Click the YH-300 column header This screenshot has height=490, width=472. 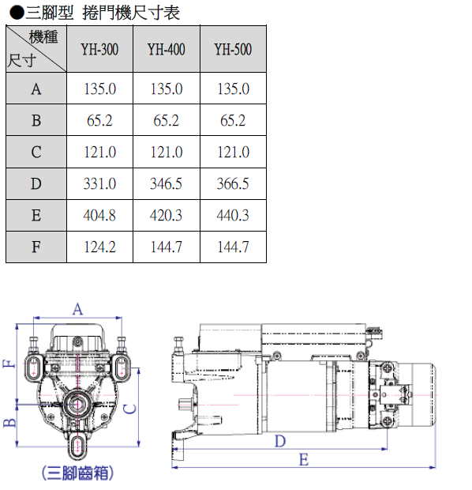(99, 49)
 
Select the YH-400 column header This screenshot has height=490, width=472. (167, 49)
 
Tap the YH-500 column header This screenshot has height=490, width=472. (233, 49)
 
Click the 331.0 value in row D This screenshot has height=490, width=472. (99, 183)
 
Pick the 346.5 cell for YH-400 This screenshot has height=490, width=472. (167, 183)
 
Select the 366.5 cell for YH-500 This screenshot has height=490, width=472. (233, 183)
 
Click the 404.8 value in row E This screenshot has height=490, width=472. (99, 216)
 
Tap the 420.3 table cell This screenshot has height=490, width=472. (167, 216)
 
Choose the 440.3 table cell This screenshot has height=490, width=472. (233, 216)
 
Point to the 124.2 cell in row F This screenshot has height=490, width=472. (99, 247)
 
